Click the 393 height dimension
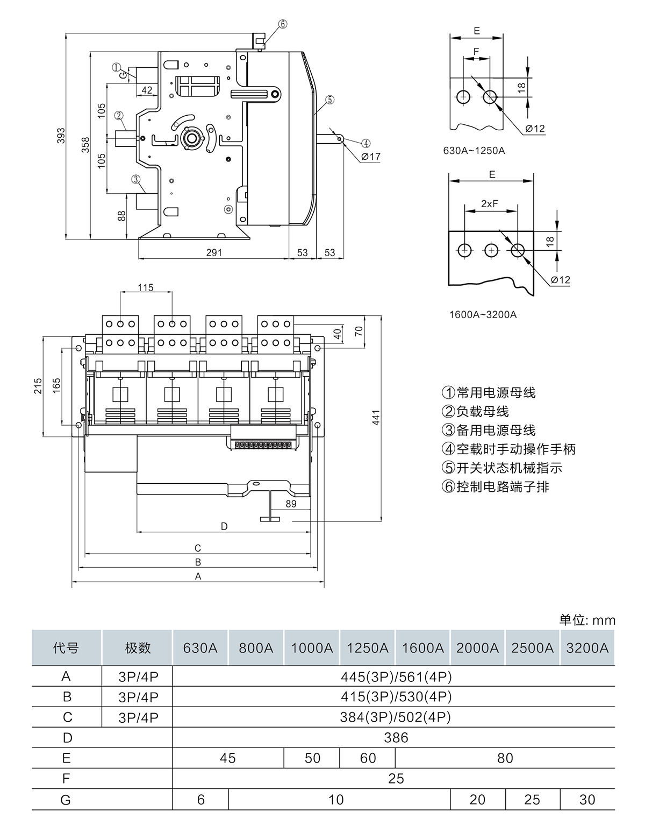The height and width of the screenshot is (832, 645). click(x=61, y=135)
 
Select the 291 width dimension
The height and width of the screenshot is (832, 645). click(x=213, y=252)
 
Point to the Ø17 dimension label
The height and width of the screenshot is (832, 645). click(x=370, y=157)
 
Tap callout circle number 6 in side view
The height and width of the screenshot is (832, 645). click(x=283, y=24)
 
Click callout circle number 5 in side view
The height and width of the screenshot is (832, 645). click(x=329, y=100)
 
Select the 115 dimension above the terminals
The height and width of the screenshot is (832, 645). click(x=145, y=287)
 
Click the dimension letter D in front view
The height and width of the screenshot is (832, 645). click(x=224, y=526)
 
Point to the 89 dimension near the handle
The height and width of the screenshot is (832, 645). click(x=291, y=504)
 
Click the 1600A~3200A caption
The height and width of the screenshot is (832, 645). click(x=483, y=314)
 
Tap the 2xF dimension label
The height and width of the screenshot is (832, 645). click(x=489, y=203)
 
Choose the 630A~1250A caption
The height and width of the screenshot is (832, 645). click(x=474, y=151)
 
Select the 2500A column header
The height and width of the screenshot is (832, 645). click(x=532, y=647)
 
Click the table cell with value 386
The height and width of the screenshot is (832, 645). click(x=396, y=737)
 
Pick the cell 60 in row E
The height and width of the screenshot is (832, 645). click(x=368, y=758)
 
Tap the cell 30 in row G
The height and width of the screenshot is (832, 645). click(x=587, y=800)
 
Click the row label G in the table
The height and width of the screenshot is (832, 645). click(x=66, y=800)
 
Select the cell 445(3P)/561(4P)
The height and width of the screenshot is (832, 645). click(x=396, y=676)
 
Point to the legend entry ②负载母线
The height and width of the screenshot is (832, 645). click(x=475, y=412)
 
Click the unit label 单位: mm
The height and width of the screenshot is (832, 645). click(x=587, y=620)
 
